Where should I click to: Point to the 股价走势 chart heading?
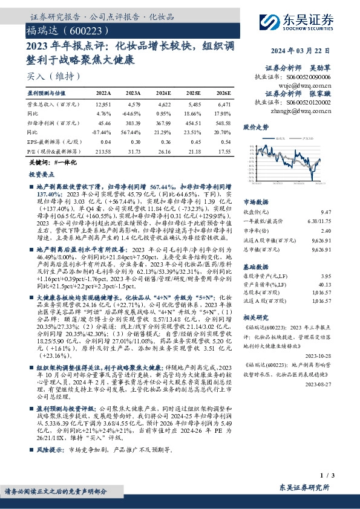click(x=255, y=128)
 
